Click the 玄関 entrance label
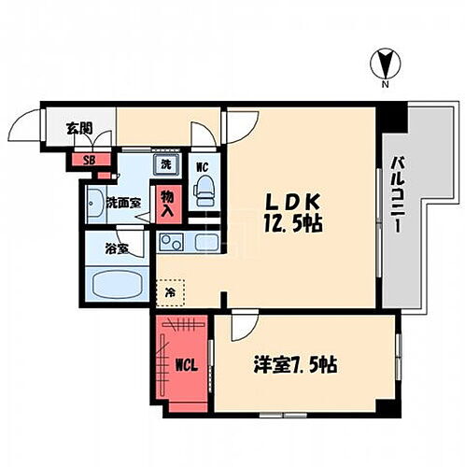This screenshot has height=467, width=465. click(79, 129)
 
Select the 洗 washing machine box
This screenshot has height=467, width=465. click(166, 164)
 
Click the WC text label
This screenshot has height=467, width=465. click(202, 167)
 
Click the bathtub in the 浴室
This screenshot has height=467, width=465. click(117, 283)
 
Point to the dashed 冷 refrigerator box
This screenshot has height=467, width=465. click(169, 291)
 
